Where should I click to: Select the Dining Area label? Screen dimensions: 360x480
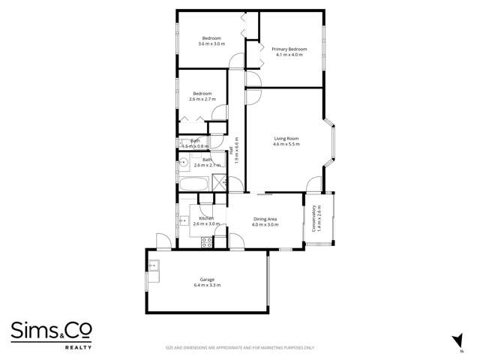click(265, 218)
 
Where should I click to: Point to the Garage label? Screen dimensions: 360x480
click(206, 279)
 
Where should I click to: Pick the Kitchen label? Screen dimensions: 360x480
click(205, 218)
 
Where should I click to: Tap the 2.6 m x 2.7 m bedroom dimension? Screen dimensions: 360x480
click(202, 99)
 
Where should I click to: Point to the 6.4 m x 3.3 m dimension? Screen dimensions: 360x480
click(206, 285)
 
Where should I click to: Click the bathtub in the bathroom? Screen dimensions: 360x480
click(194, 184)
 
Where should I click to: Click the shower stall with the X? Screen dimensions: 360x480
click(219, 182)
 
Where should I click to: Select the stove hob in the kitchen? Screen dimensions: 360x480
click(205, 241)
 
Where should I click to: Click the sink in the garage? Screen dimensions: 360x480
click(154, 264)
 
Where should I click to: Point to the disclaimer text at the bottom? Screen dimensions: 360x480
click(240, 348)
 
